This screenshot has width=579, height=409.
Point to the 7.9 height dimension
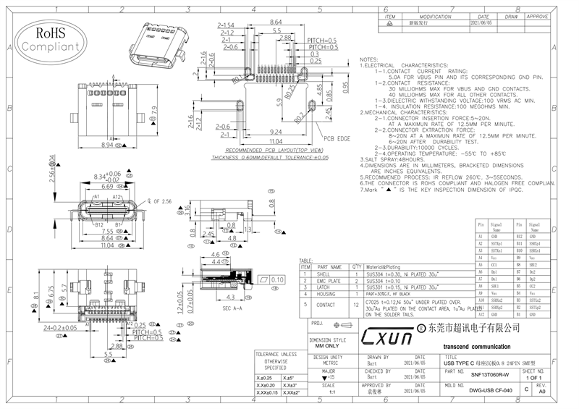tap(153, 113)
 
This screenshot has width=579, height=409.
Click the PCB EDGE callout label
tap(337, 138)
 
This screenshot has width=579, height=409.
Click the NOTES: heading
tap(369, 59)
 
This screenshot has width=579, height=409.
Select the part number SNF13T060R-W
tap(490, 374)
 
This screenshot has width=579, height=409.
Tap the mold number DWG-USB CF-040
tap(490, 390)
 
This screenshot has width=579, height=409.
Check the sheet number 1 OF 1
tap(534, 378)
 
